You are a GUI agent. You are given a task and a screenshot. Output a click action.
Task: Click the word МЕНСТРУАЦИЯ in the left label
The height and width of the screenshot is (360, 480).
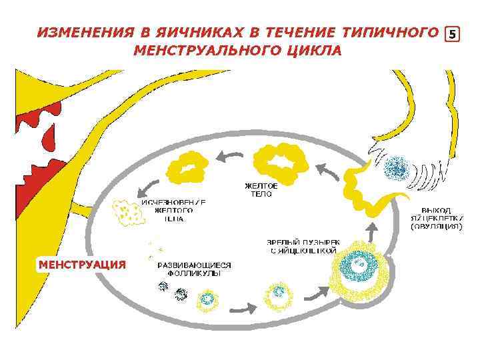pyautogui.click(x=82, y=265)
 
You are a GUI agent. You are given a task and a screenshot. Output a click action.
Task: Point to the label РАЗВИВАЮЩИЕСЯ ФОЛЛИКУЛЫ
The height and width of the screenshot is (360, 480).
pyautogui.click(x=194, y=269)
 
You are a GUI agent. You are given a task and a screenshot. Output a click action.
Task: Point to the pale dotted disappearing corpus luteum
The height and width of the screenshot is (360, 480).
pyautogui.click(x=127, y=213)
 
